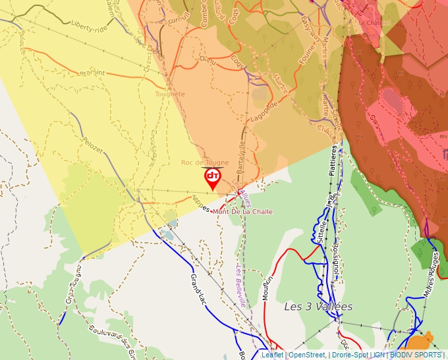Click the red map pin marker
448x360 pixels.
pos(213,178)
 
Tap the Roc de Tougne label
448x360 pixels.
pos(205,163)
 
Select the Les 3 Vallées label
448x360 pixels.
pos(318,307)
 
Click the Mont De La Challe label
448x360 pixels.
pos(242,212)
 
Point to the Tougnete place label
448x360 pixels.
pos(170,94)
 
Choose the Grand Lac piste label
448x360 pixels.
pos(198,288)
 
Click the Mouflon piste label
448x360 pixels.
pos(267,288)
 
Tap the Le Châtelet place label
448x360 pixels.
pos(374,22)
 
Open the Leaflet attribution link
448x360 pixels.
pos(272,355)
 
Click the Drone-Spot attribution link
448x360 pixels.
pos(350,355)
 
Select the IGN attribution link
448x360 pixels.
pos(379,355)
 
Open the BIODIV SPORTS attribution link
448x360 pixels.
pos(416,355)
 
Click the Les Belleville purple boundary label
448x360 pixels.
pos(242,286)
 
